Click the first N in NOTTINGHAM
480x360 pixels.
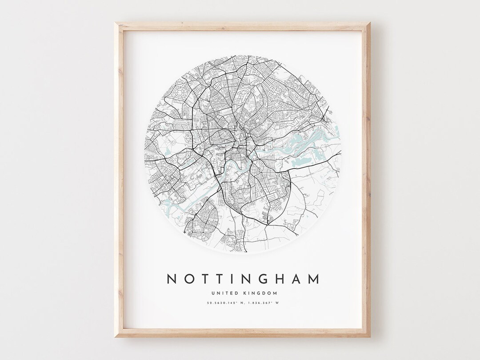pos(172,279)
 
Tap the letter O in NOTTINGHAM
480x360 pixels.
pos(188,279)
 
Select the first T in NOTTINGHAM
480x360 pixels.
pos(205,279)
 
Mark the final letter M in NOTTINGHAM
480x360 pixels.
pos(314,279)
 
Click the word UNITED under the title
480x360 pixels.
pos(224,293)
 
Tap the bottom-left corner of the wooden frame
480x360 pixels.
pos(115,336)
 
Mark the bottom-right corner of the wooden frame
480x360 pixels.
pos(369,336)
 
